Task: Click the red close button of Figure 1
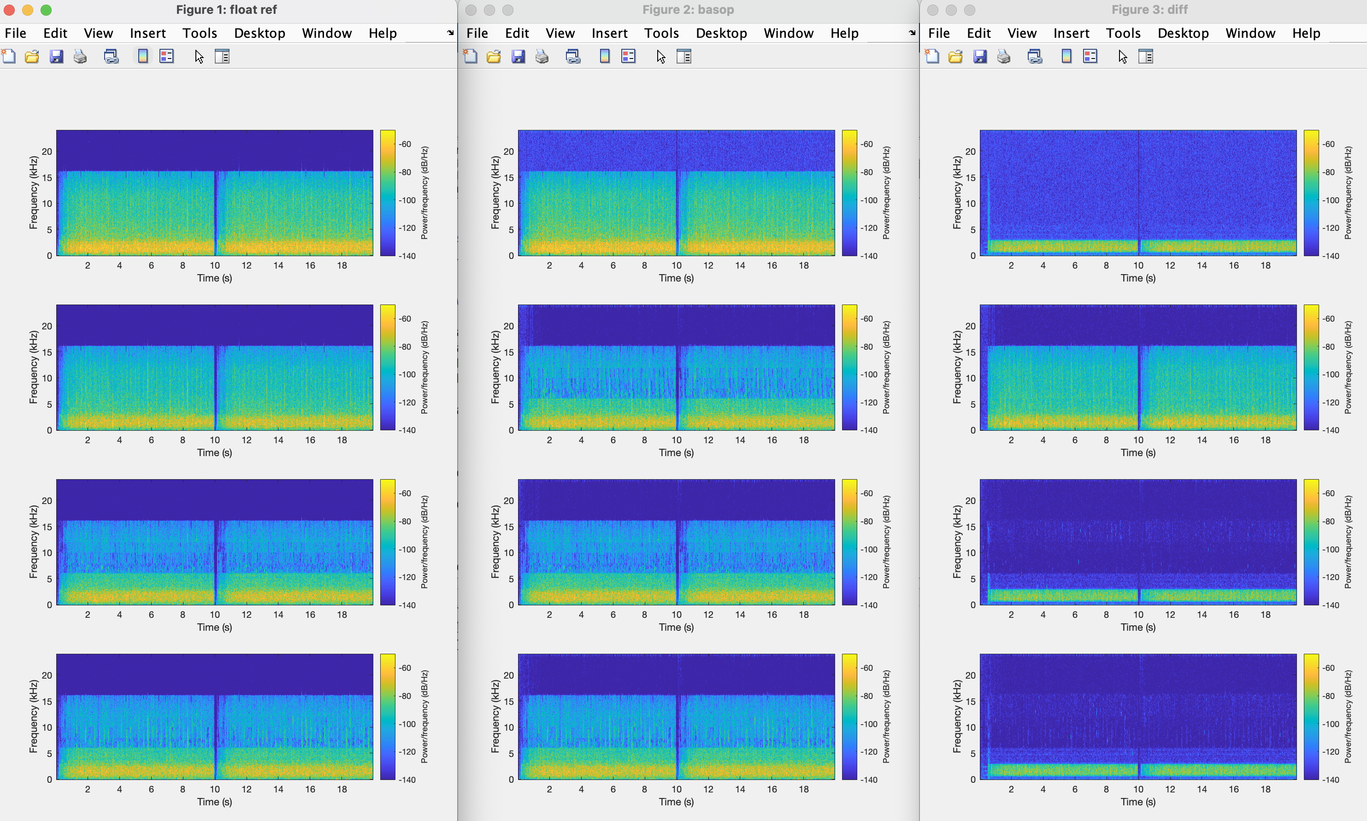[x=9, y=10]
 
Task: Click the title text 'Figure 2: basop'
[x=688, y=10]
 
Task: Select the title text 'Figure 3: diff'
[x=1149, y=10]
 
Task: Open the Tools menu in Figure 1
[x=199, y=33]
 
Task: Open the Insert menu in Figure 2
[x=609, y=33]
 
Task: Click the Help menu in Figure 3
[x=1306, y=33]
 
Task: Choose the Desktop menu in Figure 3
[x=1183, y=33]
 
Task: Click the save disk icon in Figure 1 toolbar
[x=56, y=56]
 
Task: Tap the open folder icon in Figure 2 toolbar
[x=494, y=56]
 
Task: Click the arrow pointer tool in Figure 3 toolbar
[x=1122, y=56]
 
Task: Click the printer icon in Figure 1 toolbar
[x=80, y=56]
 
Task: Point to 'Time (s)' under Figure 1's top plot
[x=214, y=278]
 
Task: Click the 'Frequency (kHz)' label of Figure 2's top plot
[x=495, y=193]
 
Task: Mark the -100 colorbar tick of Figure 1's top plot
[x=407, y=200]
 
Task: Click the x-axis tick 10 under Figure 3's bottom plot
[x=1138, y=789]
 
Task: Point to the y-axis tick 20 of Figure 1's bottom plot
[x=47, y=675]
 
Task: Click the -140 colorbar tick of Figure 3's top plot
[x=1331, y=256]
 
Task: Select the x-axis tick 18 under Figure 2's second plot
[x=804, y=440]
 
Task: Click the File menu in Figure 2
[x=477, y=33]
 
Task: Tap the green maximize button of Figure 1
[x=47, y=10]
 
